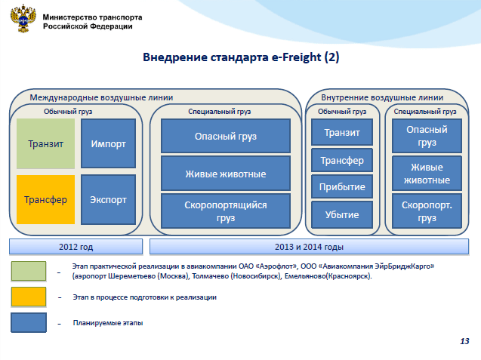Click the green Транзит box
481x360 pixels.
coord(45,143)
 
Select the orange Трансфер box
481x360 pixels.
coord(45,199)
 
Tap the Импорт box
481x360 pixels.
coord(108,143)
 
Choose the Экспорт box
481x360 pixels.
coord(108,199)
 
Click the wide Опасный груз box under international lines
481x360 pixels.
coord(226,136)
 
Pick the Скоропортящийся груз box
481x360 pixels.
coord(226,211)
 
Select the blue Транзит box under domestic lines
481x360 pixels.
coord(342,132)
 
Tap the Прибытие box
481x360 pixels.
coord(342,186)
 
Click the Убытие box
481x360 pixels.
coord(342,214)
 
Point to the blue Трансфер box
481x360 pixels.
coord(342,160)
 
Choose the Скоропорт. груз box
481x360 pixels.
coord(427,211)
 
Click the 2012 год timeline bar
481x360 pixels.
coord(76,247)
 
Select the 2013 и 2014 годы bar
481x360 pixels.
coord(309,247)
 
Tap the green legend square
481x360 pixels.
coord(29,271)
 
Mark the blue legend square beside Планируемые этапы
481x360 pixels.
coord(29,322)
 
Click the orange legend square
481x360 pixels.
coord(29,297)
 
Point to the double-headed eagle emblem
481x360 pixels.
coord(23,18)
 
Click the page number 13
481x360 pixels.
coord(464,341)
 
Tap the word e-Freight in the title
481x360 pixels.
coord(296,57)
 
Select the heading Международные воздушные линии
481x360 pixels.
coord(101,97)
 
